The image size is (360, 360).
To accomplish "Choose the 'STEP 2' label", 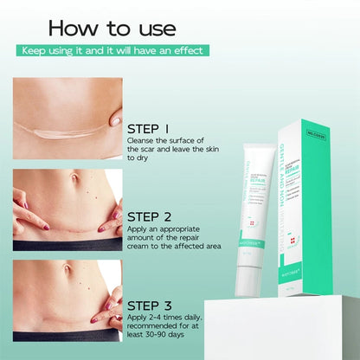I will coord(154,216).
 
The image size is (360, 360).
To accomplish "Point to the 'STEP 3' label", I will coord(154,305).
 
